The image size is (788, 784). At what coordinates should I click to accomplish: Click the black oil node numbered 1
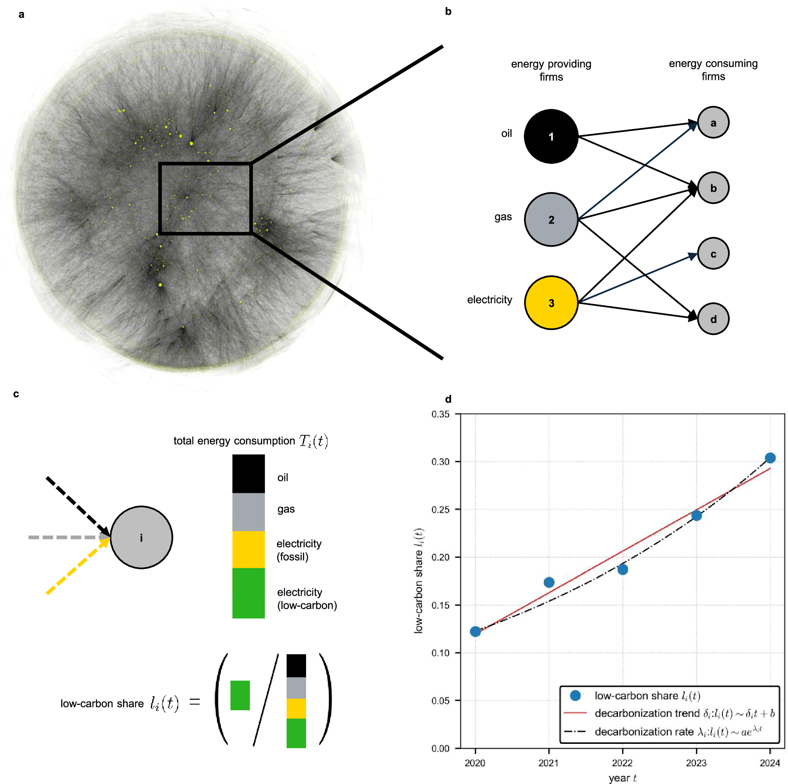[x=551, y=136]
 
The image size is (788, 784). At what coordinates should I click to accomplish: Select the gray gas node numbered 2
[x=551, y=220]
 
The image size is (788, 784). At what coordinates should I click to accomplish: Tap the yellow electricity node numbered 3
[x=551, y=302]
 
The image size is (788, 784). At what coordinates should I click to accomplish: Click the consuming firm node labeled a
[x=713, y=122]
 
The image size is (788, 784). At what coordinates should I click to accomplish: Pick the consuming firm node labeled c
[x=713, y=253]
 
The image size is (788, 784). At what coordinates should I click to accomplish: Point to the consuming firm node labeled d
[x=713, y=319]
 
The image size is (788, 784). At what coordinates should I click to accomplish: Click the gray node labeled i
[x=141, y=537]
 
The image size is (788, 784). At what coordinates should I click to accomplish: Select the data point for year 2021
[x=549, y=582]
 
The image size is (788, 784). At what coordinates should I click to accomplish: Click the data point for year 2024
[x=769, y=458]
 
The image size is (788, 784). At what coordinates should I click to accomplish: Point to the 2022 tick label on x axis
[x=622, y=763]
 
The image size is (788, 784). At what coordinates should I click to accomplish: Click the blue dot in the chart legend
[x=575, y=695]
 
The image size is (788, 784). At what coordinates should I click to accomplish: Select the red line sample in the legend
[x=575, y=713]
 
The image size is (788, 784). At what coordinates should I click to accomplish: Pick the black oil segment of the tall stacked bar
[x=249, y=473]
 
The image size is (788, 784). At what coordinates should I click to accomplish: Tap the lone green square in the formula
[x=240, y=695]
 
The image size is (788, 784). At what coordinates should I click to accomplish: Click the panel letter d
[x=448, y=399]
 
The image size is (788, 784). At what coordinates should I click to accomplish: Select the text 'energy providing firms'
[x=551, y=70]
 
